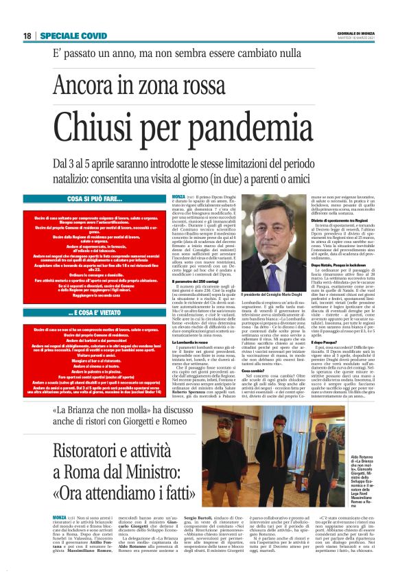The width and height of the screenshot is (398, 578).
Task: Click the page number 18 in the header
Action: point(27,36)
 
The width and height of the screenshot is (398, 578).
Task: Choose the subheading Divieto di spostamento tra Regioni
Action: point(328,277)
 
